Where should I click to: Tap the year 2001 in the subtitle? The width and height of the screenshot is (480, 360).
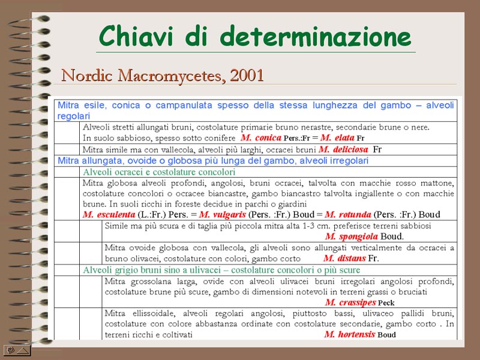pyautogui.click(x=247, y=76)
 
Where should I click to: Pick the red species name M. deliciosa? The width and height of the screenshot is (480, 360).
pyautogui.click(x=343, y=149)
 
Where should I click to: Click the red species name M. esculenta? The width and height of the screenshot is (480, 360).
pyautogui.click(x=109, y=215)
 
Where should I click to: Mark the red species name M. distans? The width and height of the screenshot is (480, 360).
pyautogui.click(x=344, y=259)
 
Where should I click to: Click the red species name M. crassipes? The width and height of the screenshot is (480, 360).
pyautogui.click(x=351, y=302)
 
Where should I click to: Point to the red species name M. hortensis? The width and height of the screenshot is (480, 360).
pyautogui.click(x=349, y=335)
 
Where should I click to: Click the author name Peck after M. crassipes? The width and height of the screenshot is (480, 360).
pyautogui.click(x=386, y=303)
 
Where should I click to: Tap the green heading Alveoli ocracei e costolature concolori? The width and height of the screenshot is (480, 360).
pyautogui.click(x=159, y=172)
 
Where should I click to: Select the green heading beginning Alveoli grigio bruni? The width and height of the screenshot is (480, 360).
pyautogui.click(x=222, y=271)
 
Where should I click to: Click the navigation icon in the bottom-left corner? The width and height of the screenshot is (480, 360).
pyautogui.click(x=17, y=349)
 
